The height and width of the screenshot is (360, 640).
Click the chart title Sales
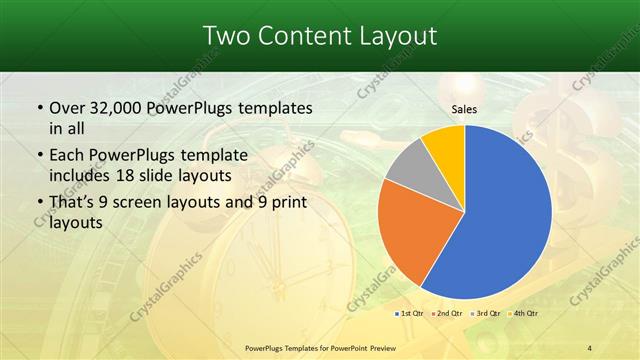pyautogui.click(x=463, y=110)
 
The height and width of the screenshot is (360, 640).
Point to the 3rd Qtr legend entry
pyautogui.click(x=485, y=314)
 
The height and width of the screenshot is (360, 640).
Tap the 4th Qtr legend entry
pyautogui.click(x=522, y=314)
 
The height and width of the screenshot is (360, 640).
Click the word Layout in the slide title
pyautogui.click(x=398, y=36)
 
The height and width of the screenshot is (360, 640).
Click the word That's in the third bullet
pyautogui.click(x=74, y=203)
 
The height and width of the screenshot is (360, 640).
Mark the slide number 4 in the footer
pyautogui.click(x=590, y=347)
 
